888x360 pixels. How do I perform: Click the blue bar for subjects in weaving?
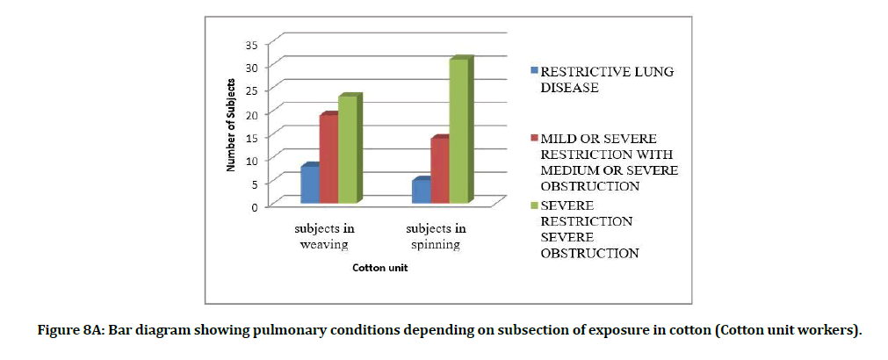(309, 184)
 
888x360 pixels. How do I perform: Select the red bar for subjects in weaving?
(328, 160)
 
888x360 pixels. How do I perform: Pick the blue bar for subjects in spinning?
(420, 192)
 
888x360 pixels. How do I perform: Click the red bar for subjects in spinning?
(438, 171)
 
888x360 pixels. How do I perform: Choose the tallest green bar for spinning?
(458, 132)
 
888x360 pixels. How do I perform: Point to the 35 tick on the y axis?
(255, 43)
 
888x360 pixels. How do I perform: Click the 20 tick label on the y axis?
(255, 113)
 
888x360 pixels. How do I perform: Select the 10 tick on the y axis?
(255, 160)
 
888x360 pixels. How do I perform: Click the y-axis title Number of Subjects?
(231, 126)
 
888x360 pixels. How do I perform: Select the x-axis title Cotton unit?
(380, 268)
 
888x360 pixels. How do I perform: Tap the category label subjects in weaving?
(324, 235)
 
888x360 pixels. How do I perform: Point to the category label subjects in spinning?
(436, 235)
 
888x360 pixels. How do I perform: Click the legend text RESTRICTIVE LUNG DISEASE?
(607, 79)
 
